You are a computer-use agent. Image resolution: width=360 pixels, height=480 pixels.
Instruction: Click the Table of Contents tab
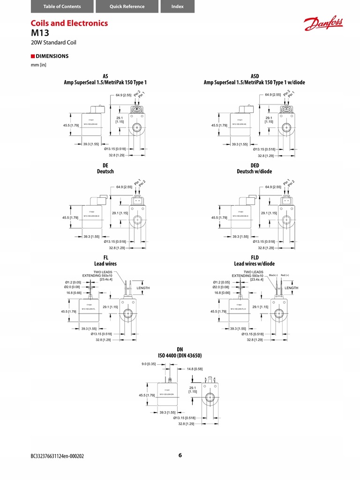62,7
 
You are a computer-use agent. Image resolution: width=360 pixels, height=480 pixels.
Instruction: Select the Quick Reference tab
127,7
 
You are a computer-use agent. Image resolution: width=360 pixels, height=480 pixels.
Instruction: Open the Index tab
177,7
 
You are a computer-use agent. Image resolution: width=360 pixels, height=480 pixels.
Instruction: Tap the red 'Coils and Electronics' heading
69,23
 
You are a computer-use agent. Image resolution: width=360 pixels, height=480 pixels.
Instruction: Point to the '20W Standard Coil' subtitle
53,43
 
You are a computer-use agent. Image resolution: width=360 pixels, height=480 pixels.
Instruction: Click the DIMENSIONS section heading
52,56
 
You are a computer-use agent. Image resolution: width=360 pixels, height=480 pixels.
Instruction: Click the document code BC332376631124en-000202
58,456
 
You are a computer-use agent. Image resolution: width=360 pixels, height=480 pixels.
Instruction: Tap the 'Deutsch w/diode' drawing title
255,172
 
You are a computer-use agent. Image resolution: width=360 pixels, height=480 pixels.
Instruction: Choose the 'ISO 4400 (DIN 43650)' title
180,356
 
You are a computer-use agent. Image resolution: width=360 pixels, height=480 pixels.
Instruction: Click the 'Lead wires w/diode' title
255,264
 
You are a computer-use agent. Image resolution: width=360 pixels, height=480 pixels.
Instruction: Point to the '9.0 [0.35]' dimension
148,364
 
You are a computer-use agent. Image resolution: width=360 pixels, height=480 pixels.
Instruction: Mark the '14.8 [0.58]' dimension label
195,369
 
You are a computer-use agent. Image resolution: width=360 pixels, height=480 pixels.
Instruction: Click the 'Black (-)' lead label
273,275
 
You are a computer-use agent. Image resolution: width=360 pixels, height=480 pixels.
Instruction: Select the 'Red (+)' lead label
285,275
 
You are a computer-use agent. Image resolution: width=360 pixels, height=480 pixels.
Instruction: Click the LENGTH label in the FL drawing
143,288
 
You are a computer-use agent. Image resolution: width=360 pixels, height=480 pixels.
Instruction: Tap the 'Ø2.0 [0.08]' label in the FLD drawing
221,287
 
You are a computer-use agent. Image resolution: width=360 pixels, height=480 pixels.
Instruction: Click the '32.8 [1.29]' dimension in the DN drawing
186,424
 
